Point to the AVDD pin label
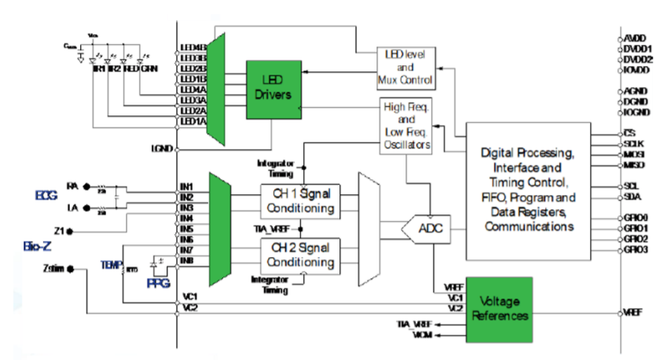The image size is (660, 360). click(x=635, y=38)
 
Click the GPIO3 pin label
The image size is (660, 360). click(x=636, y=250)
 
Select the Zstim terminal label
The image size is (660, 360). click(x=53, y=269)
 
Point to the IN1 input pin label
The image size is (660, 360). click(x=185, y=186)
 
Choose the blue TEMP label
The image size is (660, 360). click(x=110, y=264)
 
